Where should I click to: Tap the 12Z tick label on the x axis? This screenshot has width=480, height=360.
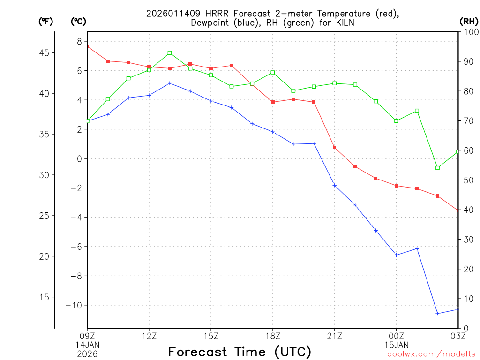point(149,336)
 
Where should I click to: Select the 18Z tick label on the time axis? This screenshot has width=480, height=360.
point(273,336)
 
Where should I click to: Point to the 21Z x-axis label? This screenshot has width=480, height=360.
point(334,336)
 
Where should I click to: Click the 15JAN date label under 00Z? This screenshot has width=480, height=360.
point(396,345)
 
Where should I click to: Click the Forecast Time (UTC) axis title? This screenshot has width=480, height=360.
point(240,352)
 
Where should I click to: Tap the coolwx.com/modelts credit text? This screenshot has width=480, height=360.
point(431,354)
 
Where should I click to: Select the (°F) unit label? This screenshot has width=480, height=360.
point(45,21)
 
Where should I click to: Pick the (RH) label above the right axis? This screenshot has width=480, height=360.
point(468,21)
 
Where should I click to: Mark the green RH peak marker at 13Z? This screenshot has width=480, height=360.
point(170,53)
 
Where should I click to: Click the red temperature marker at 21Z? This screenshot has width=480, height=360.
point(334,148)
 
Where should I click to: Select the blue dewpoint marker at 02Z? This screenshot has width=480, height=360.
point(437,314)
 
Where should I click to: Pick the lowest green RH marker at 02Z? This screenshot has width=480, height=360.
point(437,168)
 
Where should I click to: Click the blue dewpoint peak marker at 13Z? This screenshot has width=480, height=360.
point(170,83)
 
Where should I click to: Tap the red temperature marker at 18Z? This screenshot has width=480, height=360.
point(273,102)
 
